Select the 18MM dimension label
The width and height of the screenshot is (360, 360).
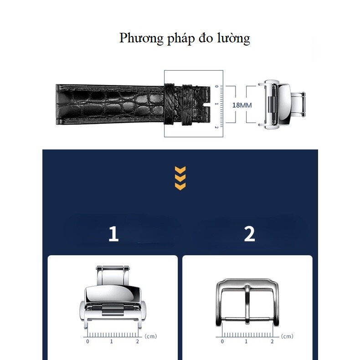(242, 105)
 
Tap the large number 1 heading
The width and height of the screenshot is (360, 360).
(113, 234)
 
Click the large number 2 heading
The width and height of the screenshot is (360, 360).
(249, 234)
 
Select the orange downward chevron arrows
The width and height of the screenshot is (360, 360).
(180, 178)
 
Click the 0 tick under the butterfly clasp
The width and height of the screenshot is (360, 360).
(87, 341)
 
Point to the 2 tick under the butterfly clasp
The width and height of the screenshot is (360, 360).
(138, 341)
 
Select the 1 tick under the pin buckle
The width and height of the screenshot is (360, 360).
(247, 341)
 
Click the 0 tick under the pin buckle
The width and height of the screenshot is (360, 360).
(222, 341)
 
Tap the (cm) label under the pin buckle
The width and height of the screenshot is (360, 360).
(287, 336)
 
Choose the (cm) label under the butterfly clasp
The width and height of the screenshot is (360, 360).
(150, 336)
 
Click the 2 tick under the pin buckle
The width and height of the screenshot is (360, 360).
(272, 341)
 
